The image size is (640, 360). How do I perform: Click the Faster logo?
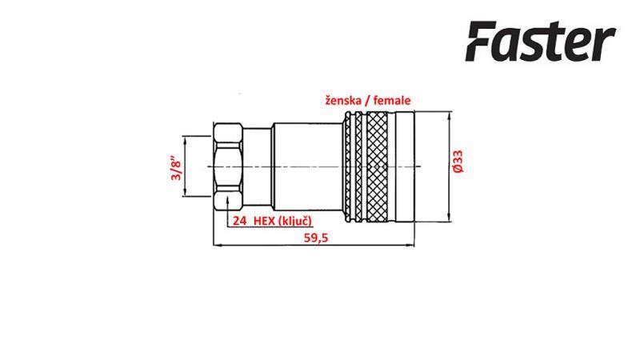540,42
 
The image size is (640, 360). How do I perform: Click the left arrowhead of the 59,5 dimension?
216,245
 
